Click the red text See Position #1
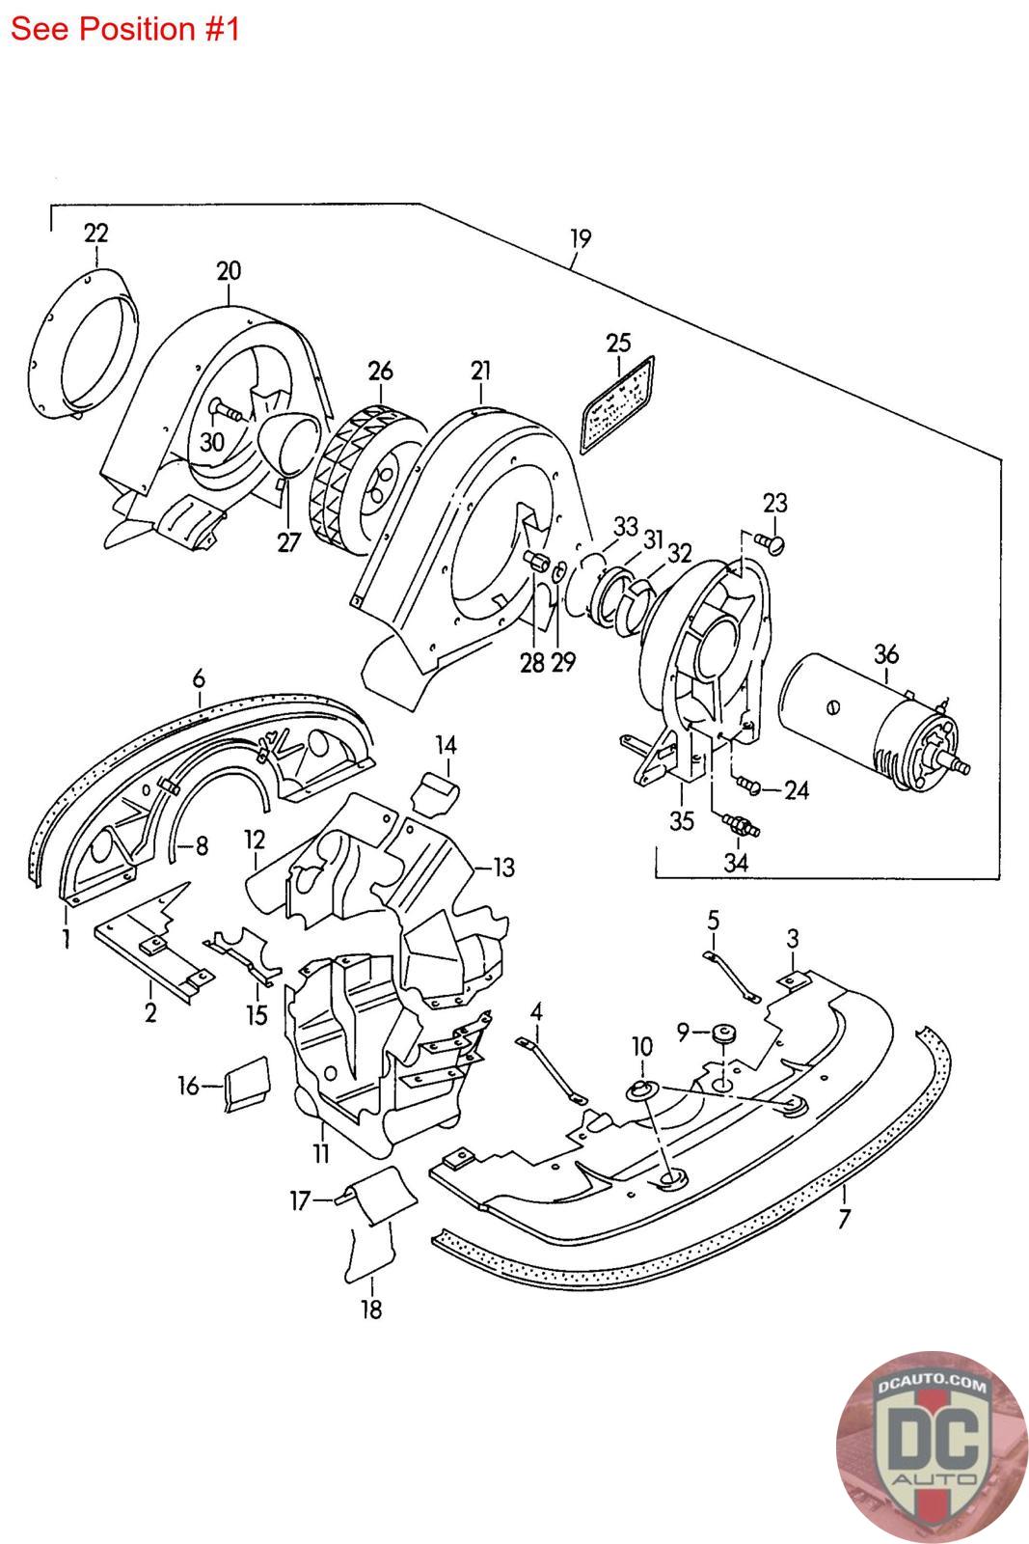[x=124, y=29]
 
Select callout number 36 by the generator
[x=885, y=654]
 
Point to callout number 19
[x=580, y=237]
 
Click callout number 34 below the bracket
[x=736, y=862]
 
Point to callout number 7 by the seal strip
[x=845, y=1219]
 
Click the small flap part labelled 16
[x=247, y=1080]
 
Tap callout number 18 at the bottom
[x=370, y=1310]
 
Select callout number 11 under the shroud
[x=320, y=1151]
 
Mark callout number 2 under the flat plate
[x=150, y=1014]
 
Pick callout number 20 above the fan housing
[x=229, y=270]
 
